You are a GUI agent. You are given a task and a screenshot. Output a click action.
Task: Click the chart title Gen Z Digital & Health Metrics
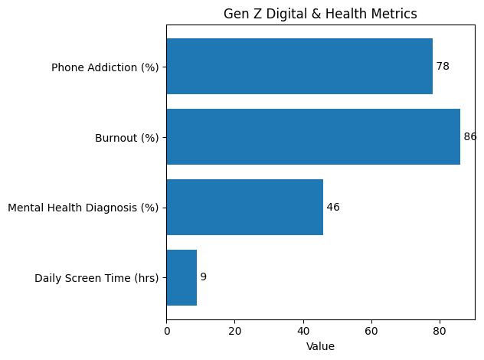coord(320,14)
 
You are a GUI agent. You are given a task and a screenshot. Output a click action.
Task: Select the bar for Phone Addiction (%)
coord(299,67)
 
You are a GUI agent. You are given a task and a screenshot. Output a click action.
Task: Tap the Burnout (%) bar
coord(313,137)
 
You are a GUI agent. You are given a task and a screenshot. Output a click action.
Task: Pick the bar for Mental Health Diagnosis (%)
coord(244,208)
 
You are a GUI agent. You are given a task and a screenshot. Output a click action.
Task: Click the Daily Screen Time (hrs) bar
coord(181,277)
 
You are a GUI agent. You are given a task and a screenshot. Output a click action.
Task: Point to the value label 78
coord(443,67)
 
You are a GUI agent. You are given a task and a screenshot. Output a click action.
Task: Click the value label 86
coord(470,137)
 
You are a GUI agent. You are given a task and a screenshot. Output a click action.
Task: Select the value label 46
coord(333,208)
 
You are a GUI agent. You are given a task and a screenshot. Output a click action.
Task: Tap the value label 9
coord(203,277)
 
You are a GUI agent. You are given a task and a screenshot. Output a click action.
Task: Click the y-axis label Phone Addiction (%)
coord(105,67)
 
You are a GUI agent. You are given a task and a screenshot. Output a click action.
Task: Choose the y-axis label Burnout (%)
coord(126,138)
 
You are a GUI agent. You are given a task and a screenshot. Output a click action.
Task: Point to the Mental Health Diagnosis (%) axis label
coord(83,208)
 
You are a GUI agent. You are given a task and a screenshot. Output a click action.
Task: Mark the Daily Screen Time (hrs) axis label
coord(96,278)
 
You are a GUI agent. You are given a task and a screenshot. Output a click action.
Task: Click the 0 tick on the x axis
coord(166,332)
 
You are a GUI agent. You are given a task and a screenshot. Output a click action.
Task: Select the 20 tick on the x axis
coord(234,332)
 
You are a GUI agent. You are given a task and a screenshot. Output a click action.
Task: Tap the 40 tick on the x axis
coord(303,332)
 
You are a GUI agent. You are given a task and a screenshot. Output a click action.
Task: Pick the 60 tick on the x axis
coord(371,332)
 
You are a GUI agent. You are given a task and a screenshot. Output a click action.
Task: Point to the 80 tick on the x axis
coord(440,332)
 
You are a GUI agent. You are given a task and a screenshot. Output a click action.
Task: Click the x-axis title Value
coord(320,346)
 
